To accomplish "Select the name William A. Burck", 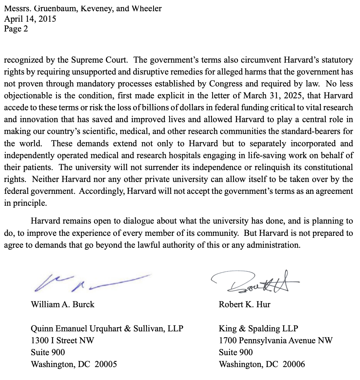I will tap(63, 304).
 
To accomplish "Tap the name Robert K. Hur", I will tap(244, 304).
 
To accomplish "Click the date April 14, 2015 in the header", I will tap(30, 19).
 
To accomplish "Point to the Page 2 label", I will tap(16, 29).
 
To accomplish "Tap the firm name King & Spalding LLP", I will tap(258, 329).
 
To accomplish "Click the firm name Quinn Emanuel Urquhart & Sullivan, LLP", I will tap(107, 329).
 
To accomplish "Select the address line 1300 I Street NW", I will tap(62, 340).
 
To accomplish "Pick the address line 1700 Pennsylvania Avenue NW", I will tap(276, 340).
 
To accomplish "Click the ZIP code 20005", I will tap(106, 364).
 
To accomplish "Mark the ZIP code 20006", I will tap(294, 364).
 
